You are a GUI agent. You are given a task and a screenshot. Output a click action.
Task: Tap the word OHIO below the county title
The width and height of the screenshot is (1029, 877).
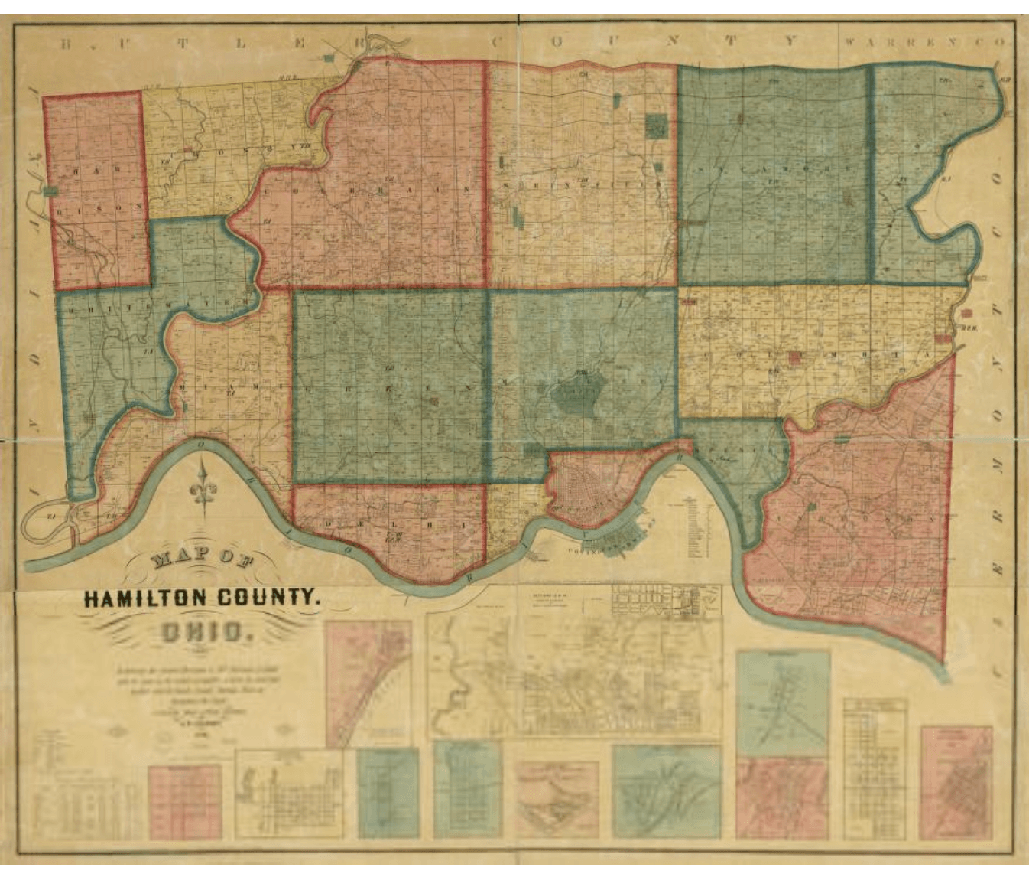tap(206, 633)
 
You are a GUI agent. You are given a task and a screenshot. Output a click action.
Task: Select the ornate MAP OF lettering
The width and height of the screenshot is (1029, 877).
tap(203, 560)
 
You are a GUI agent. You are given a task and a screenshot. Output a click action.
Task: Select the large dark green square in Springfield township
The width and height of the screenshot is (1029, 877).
tap(656, 126)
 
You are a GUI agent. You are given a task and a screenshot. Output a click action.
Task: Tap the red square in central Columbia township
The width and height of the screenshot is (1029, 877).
tap(796, 357)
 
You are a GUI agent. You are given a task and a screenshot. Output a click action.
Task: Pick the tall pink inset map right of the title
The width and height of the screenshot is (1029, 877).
tap(368, 683)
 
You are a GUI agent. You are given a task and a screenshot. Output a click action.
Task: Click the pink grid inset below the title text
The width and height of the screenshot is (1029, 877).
tap(184, 800)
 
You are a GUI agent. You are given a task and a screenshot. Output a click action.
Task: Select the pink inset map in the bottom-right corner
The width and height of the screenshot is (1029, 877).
tap(956, 782)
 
